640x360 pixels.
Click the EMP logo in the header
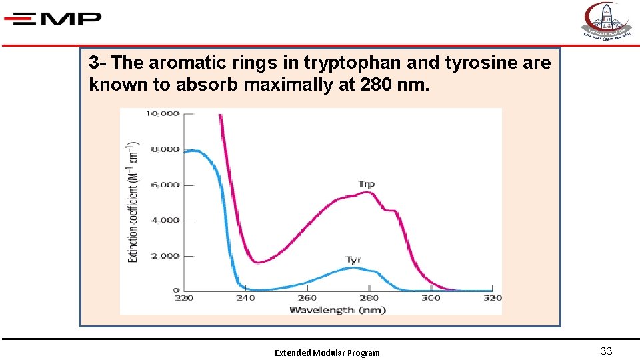click(x=53, y=19)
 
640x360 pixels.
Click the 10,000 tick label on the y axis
click(x=162, y=113)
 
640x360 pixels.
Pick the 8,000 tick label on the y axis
click(x=164, y=149)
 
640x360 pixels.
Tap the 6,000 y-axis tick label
click(x=164, y=185)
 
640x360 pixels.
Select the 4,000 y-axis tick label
click(x=164, y=220)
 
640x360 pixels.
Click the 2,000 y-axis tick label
click(x=164, y=256)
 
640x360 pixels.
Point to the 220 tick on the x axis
click(x=184, y=298)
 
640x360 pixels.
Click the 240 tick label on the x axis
click(x=245, y=298)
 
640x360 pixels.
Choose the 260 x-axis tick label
click(x=307, y=298)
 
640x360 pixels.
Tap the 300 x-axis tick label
click(x=431, y=298)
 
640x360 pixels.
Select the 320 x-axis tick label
click(x=492, y=298)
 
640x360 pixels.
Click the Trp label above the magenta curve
click(x=365, y=184)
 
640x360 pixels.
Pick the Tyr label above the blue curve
click(x=353, y=260)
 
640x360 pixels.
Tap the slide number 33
click(x=606, y=351)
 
